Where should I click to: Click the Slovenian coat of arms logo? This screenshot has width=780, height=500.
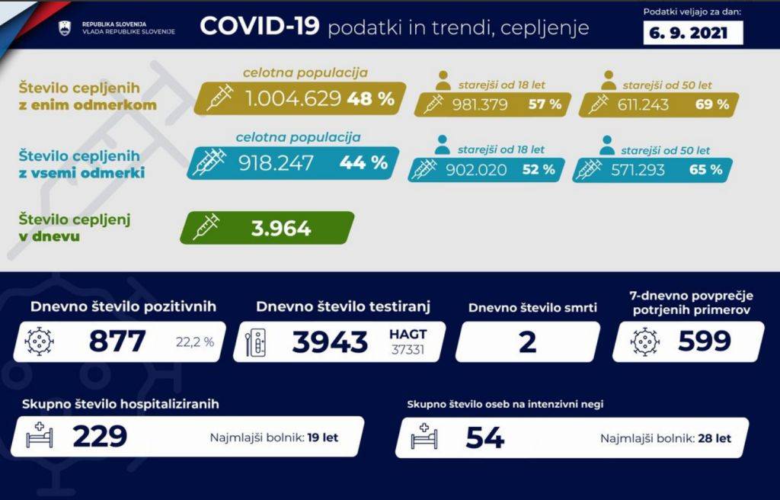pos(64,28)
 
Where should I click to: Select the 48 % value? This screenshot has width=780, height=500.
pos(371,98)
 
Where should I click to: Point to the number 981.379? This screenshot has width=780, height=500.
pos(480,104)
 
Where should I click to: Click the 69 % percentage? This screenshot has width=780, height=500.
pos(711,104)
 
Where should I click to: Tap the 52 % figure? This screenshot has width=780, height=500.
pos(538,169)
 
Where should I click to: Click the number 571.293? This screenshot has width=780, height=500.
pos(638,169)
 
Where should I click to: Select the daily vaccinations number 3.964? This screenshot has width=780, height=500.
pos(281,228)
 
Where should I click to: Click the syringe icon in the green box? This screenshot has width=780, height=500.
pos(206,227)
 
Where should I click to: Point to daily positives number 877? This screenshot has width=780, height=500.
pos(117,341)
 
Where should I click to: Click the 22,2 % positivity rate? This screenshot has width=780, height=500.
pos(195,341)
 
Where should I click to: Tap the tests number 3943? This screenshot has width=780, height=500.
pos(329,341)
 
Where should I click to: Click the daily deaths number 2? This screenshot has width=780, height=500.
pos(527,341)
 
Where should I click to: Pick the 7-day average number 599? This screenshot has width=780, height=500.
pos(705,341)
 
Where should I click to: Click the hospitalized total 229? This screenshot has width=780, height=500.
pos(100,437)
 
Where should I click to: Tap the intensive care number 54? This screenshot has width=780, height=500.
pos(484,437)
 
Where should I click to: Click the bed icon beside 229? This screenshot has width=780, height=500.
pos(39,437)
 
